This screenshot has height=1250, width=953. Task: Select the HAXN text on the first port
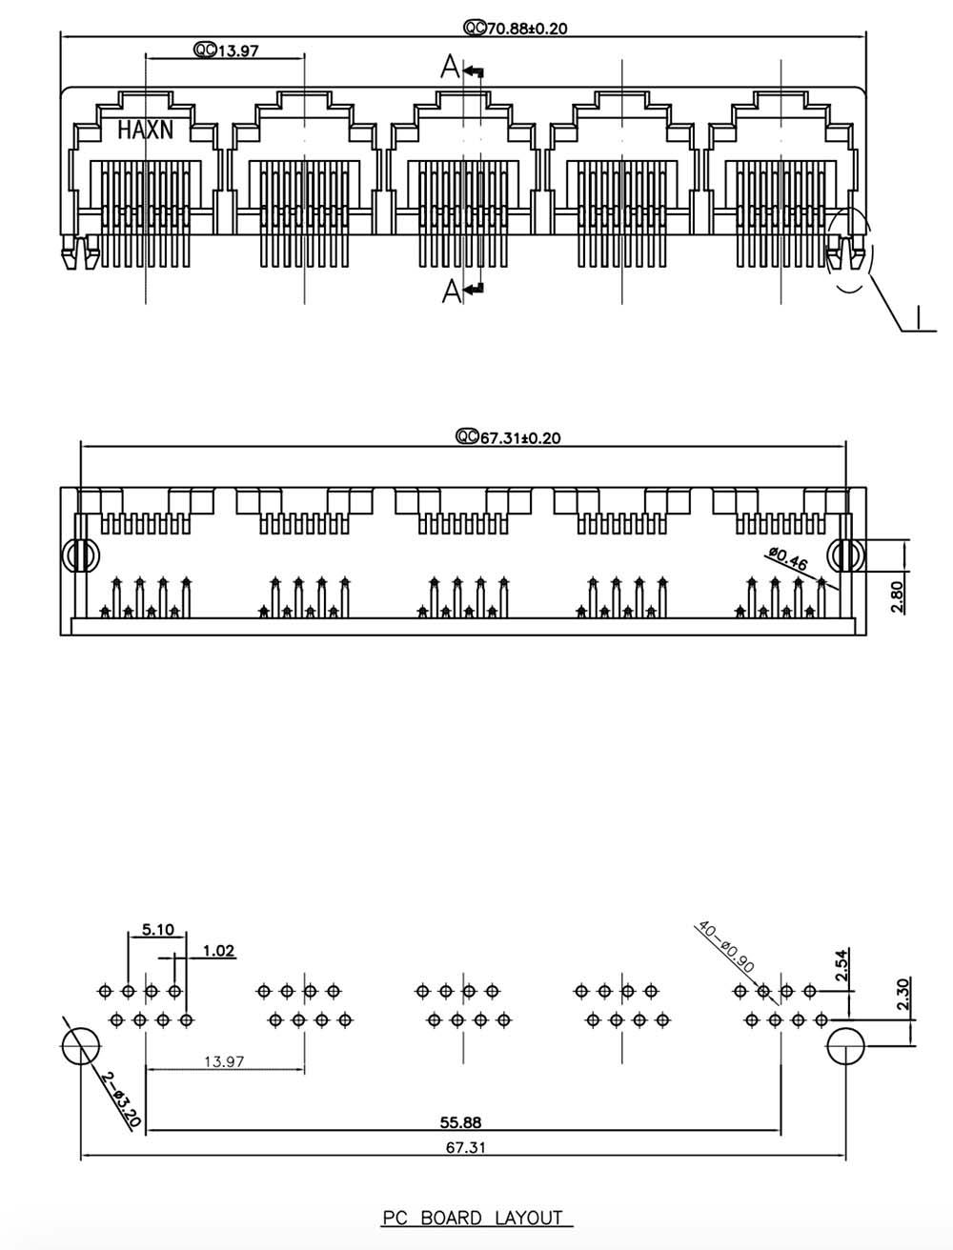tap(145, 130)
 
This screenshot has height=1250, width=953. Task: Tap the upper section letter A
tap(450, 68)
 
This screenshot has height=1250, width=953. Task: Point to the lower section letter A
tap(452, 291)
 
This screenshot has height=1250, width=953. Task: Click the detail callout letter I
tap(917, 317)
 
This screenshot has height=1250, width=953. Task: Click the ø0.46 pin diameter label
tap(788, 558)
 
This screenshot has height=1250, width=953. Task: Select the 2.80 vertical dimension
tap(897, 596)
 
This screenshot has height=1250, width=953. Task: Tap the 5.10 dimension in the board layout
tap(158, 930)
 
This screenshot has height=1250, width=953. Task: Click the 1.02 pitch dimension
tap(219, 951)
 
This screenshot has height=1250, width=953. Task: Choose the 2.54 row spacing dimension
tap(841, 965)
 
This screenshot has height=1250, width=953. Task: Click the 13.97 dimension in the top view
tap(238, 50)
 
